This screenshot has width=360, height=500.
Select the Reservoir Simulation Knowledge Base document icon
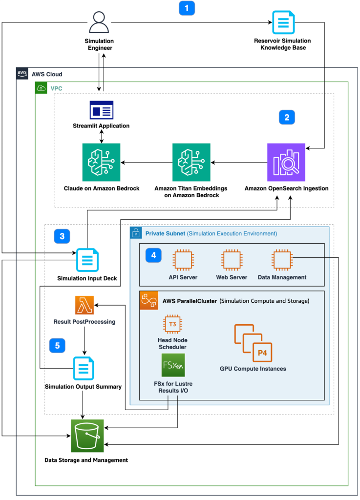pyautogui.click(x=283, y=22)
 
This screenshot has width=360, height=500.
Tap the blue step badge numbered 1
pyautogui.click(x=187, y=8)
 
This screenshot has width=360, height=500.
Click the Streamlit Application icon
pyautogui.click(x=102, y=110)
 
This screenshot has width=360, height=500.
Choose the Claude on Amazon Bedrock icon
pyautogui.click(x=102, y=162)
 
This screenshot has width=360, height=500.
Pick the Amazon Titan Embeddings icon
pyautogui.click(x=191, y=162)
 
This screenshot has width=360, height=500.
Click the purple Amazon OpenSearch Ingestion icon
pyautogui.click(x=286, y=162)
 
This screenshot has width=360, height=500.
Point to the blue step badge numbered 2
pyautogui.click(x=287, y=117)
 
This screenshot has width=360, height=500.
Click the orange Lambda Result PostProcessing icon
pyautogui.click(x=85, y=305)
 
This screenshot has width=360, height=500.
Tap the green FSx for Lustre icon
pyautogui.click(x=173, y=365)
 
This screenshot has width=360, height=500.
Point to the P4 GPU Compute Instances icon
pyautogui.click(x=252, y=342)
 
